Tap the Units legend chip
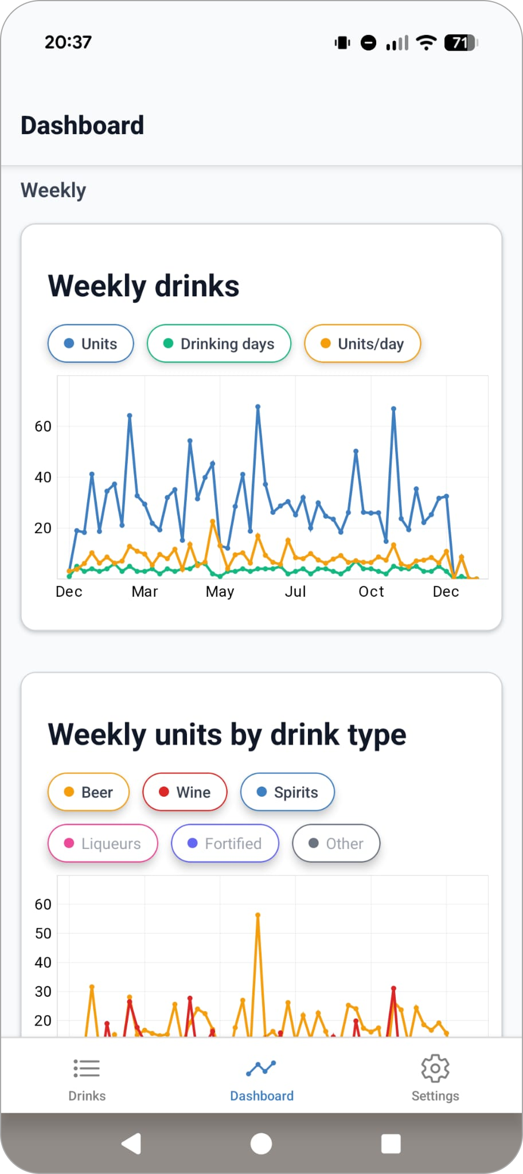(x=91, y=344)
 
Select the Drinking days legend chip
(x=219, y=344)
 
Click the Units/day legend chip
(x=362, y=344)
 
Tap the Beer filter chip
(x=88, y=792)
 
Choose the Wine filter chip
(x=185, y=792)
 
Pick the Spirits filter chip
(x=287, y=792)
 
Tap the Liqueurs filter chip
(x=103, y=843)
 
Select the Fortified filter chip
(x=225, y=843)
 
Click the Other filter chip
(x=336, y=843)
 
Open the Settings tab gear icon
(x=435, y=1068)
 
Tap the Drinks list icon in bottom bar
(x=87, y=1068)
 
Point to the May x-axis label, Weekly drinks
(x=220, y=592)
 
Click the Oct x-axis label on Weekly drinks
(x=371, y=592)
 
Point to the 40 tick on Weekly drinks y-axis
(x=43, y=478)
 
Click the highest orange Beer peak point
(x=258, y=915)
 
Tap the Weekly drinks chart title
(x=143, y=286)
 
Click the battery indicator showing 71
(x=460, y=42)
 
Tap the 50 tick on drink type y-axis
(x=43, y=934)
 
